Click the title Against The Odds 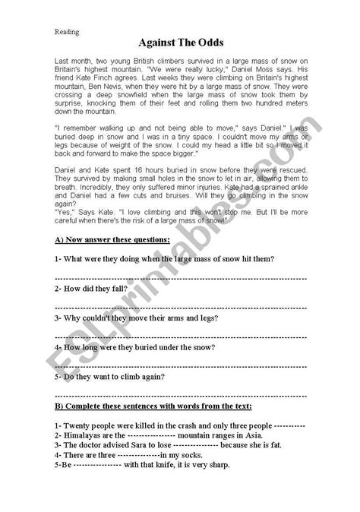(x=180, y=46)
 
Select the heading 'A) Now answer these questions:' (x=112, y=240)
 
